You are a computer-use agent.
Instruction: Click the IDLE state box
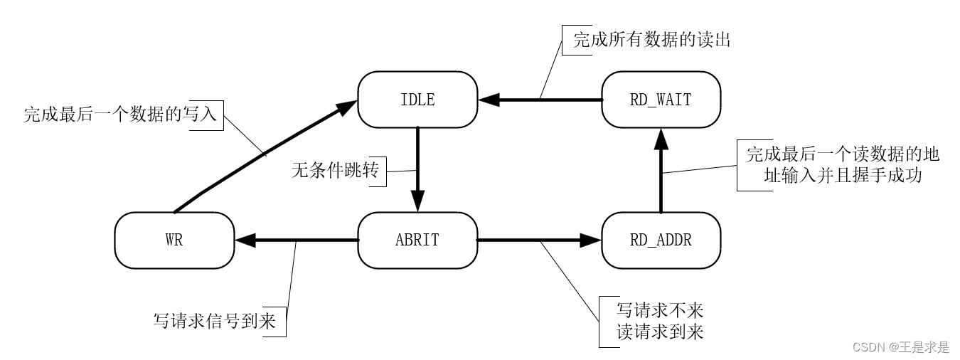click(x=417, y=100)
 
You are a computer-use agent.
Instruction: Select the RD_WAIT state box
click(x=661, y=100)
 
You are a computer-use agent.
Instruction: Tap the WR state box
click(x=174, y=240)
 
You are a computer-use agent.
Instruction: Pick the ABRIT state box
click(x=417, y=240)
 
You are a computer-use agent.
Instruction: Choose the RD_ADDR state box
click(x=661, y=240)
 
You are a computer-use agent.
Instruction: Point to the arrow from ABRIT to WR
click(x=299, y=240)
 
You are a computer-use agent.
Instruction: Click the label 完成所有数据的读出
click(x=651, y=41)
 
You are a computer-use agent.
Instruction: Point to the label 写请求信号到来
click(x=218, y=320)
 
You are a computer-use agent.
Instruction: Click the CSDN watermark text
click(x=900, y=347)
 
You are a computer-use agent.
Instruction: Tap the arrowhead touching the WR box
click(x=245, y=240)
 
